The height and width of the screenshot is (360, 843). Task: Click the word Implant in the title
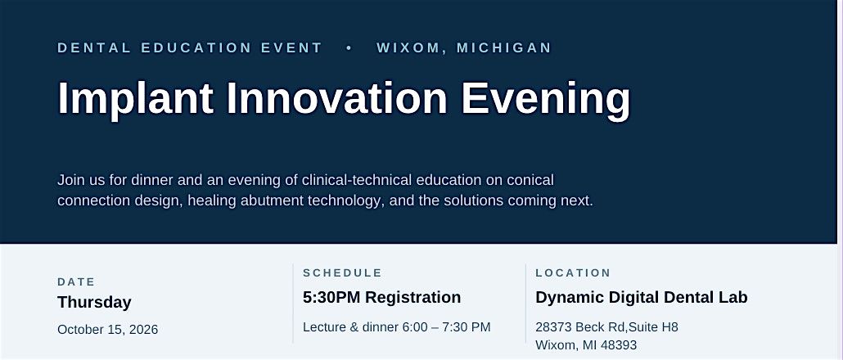coord(136,98)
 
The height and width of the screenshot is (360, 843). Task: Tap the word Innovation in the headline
coord(337,98)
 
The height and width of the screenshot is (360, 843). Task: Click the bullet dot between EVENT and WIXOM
coord(349,47)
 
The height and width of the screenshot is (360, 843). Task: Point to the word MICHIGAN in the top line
coord(504,47)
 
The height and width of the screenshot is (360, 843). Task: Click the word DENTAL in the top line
coord(93,47)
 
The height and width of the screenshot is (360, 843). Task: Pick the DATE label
coord(76,282)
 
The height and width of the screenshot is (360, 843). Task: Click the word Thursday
coord(94,303)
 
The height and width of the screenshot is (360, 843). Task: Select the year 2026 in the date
coord(143,330)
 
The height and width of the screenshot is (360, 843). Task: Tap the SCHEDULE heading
coord(342,273)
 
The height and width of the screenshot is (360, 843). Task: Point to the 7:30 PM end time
coord(467,326)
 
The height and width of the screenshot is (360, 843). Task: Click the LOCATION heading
coord(573,273)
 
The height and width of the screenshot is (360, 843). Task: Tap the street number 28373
coord(554,326)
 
